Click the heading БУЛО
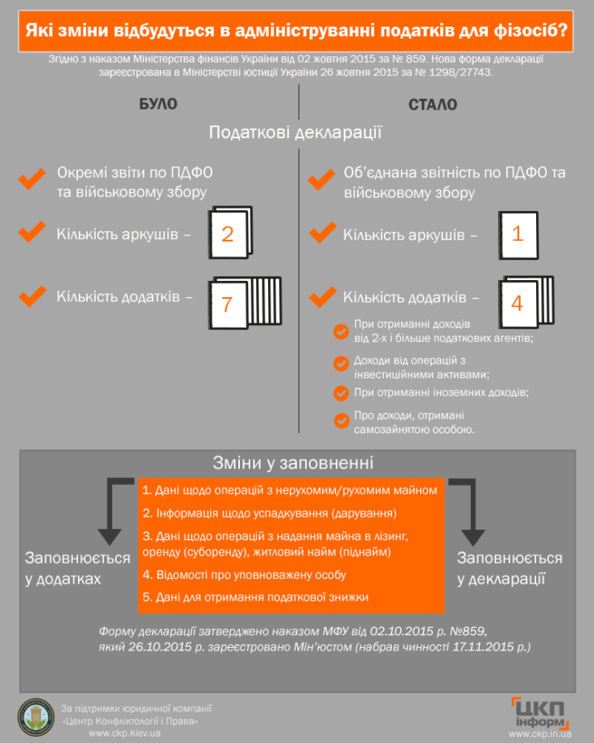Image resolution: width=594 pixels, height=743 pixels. pos(159,105)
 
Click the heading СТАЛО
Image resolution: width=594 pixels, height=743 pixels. pos(432,105)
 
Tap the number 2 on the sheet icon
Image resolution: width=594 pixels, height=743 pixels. pos(227,234)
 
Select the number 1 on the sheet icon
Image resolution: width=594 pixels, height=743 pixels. pos(518,234)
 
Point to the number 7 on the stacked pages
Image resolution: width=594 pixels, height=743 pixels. pos(227,304)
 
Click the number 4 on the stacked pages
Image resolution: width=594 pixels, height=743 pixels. pos(517,303)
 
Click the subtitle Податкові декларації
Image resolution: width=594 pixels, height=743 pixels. pos(295,132)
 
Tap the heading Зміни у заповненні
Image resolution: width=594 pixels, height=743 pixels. pos(292,463)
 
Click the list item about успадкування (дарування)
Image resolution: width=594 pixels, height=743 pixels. pos(270,512)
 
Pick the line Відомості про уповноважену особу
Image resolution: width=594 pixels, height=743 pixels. pos(244,575)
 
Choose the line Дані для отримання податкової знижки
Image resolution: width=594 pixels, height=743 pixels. pos(256,596)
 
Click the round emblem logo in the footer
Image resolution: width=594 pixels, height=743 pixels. pos(36,716)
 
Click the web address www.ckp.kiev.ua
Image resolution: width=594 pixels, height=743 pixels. pos(125,733)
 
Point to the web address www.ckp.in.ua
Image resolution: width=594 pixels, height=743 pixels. pos(539,734)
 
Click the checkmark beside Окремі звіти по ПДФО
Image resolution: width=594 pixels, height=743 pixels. pos(32,179)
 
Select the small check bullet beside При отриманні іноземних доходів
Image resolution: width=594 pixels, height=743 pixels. pos(340,393)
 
